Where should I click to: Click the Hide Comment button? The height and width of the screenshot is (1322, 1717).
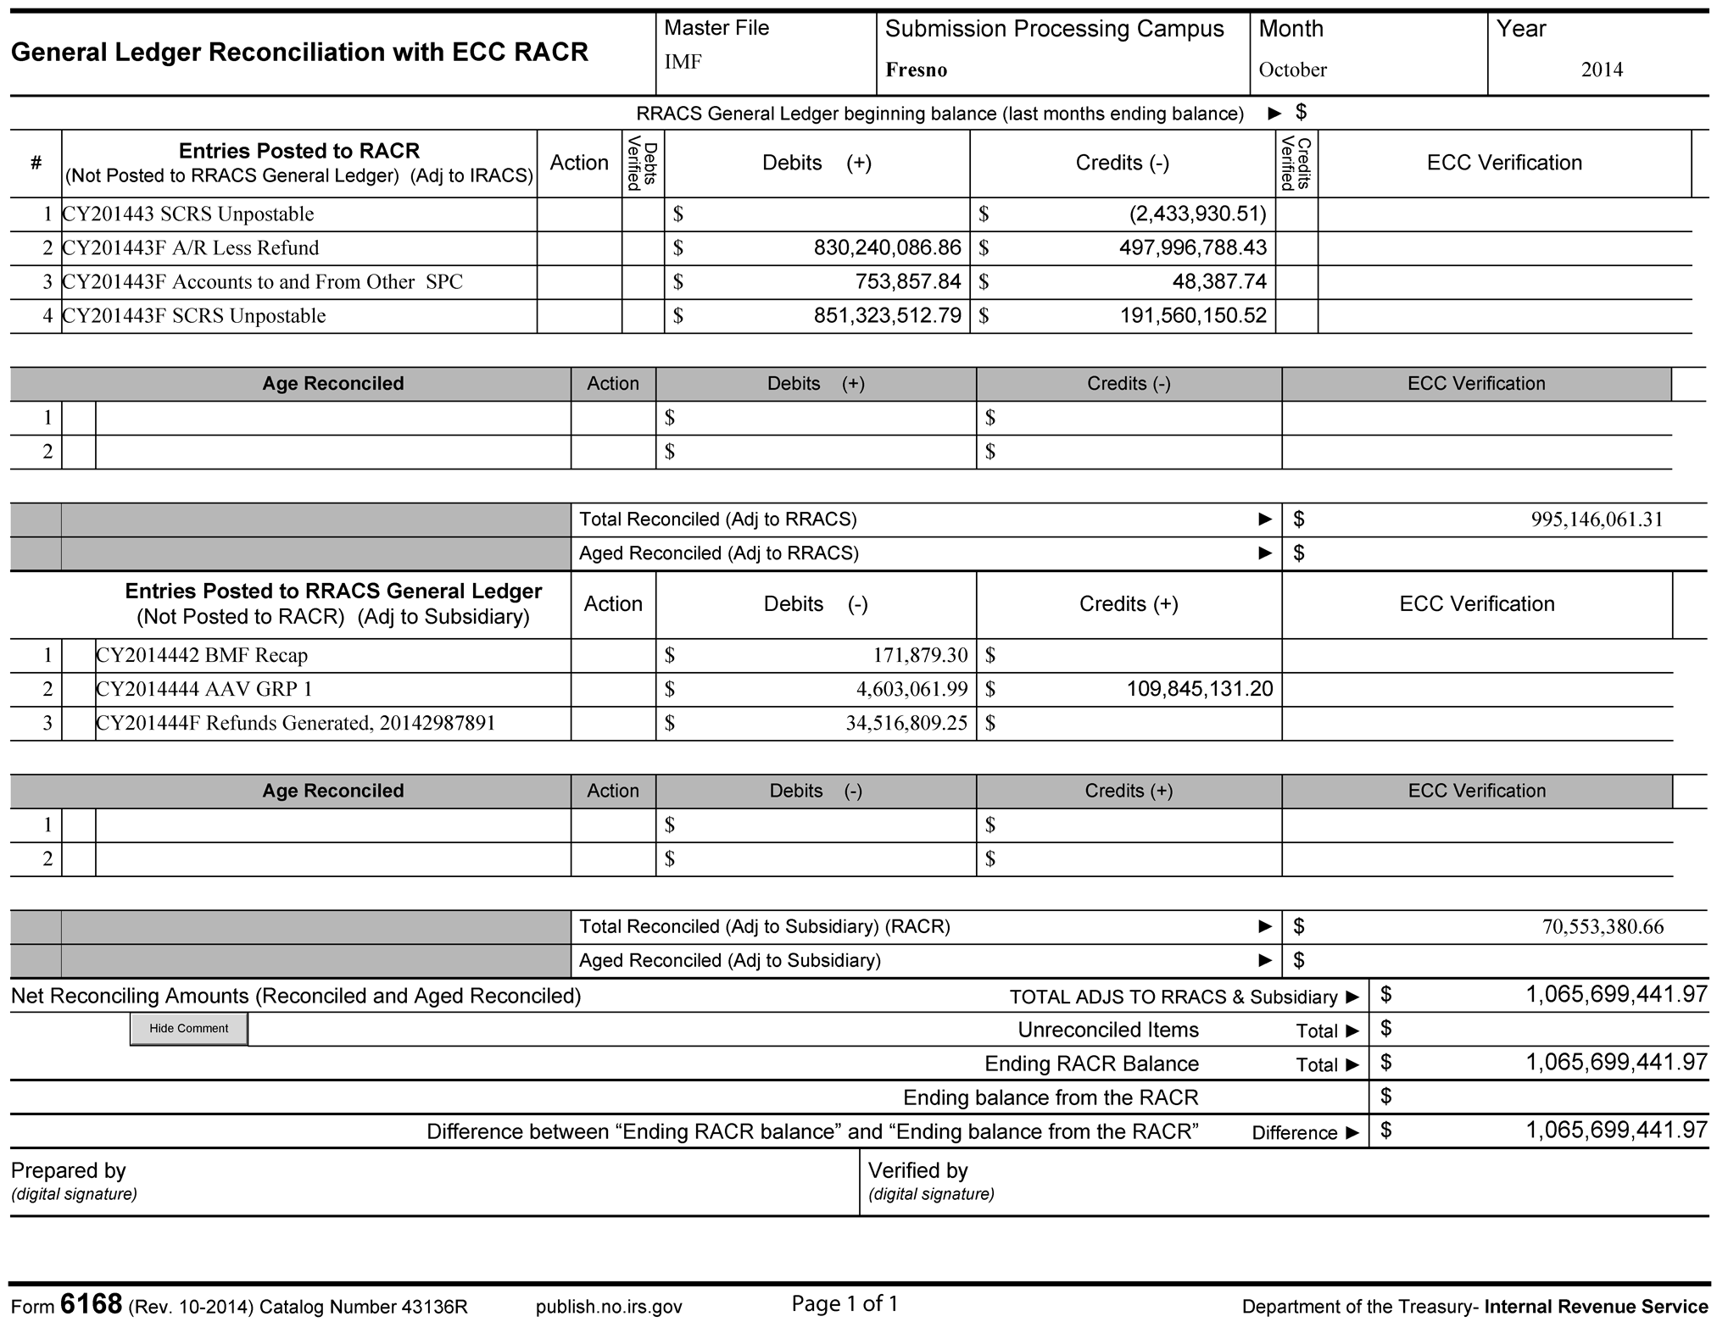[x=188, y=1028]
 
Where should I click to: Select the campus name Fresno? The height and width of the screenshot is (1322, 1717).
[x=916, y=70]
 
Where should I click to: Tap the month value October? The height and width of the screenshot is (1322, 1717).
[x=1292, y=70]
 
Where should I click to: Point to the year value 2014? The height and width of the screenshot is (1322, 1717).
[x=1601, y=70]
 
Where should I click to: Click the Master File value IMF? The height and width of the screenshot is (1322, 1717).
[x=683, y=62]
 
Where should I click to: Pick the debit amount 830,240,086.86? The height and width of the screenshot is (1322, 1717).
[x=887, y=247]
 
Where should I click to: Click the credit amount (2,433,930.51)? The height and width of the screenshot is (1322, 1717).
[x=1197, y=214]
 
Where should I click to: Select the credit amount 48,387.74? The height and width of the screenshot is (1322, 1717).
[x=1219, y=281]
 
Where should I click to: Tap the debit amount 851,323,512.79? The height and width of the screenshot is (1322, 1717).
[x=887, y=315]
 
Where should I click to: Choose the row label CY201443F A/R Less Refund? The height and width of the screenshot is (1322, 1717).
[x=191, y=248]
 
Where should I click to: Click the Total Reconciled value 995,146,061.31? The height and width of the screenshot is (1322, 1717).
[x=1597, y=519]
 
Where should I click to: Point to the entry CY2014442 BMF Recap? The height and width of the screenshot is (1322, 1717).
[x=202, y=655]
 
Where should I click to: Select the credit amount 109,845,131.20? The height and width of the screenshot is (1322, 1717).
[x=1199, y=689]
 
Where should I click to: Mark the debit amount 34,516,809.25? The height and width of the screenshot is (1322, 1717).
[x=906, y=723]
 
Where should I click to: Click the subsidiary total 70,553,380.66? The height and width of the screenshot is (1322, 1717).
[x=1603, y=927]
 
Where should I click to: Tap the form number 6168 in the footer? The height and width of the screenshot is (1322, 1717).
[x=91, y=1304]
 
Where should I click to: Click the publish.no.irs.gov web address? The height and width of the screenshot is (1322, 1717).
[x=608, y=1307]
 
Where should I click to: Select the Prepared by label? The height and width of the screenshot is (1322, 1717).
[x=68, y=1170]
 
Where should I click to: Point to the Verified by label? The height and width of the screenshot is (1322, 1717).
[x=917, y=1170]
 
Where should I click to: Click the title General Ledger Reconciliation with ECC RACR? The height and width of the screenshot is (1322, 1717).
[x=299, y=53]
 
